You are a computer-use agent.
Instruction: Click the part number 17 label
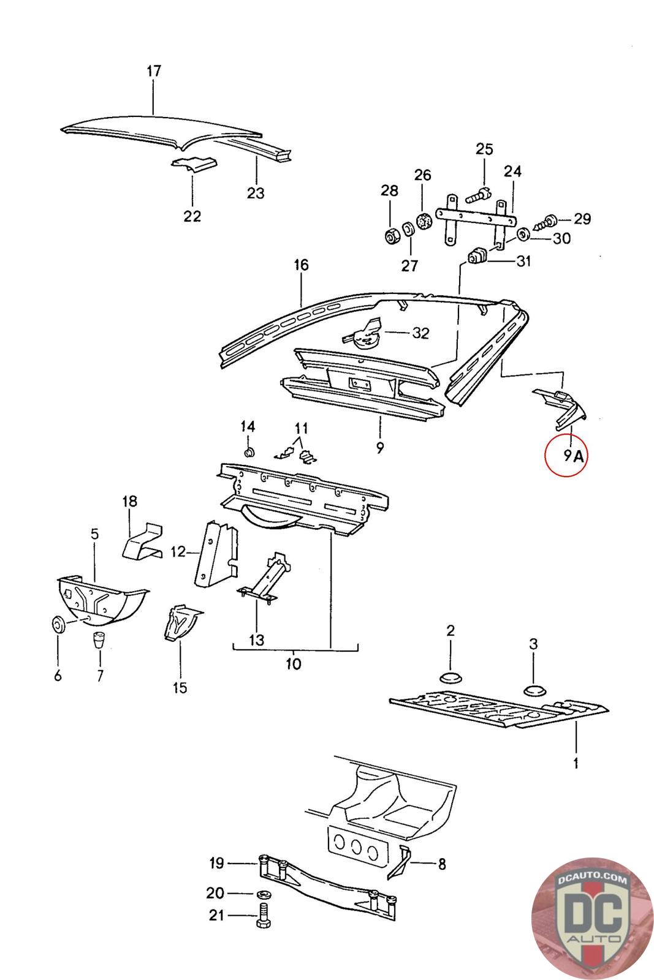[153, 71]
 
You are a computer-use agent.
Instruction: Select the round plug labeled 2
[451, 677]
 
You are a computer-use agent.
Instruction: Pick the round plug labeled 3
[534, 690]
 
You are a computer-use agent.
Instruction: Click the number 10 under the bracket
[294, 664]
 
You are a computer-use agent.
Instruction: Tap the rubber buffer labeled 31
[477, 256]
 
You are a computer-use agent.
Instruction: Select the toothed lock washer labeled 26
[422, 221]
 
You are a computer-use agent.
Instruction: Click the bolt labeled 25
[477, 196]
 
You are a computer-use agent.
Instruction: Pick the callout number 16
[301, 265]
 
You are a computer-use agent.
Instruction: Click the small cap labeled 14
[249, 453]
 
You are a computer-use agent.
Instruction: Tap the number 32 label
[420, 333]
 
